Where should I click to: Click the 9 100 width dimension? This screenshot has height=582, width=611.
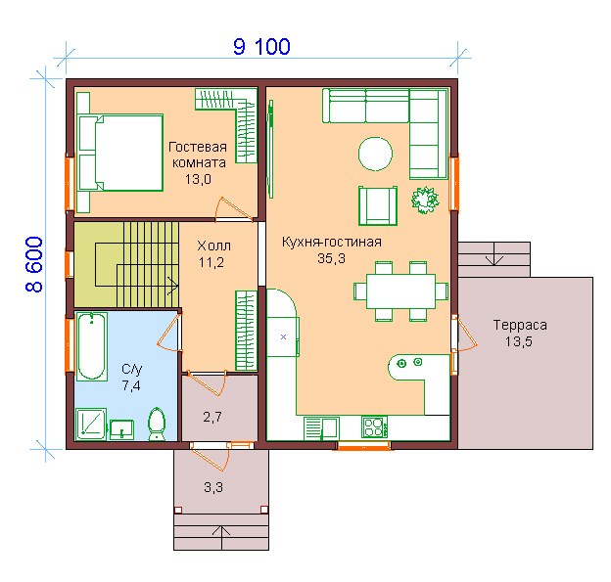pyautogui.click(x=261, y=47)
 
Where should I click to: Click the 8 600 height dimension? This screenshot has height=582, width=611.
pyautogui.click(x=34, y=264)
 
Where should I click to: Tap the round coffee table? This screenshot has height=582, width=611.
pyautogui.click(x=375, y=154)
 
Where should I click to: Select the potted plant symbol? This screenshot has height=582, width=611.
pyautogui.click(x=425, y=200)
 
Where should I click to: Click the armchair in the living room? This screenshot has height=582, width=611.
pyautogui.click(x=378, y=205)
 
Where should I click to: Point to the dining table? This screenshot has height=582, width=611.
pyautogui.click(x=400, y=291)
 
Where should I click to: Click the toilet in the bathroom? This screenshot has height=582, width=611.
pyautogui.click(x=157, y=424)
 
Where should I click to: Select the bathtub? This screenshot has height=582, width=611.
pyautogui.click(x=92, y=346)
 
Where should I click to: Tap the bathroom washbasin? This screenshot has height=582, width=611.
pyautogui.click(x=121, y=429)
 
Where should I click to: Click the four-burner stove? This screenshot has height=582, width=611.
pyautogui.click(x=374, y=426)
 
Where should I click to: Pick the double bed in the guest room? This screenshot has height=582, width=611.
pyautogui.click(x=120, y=153)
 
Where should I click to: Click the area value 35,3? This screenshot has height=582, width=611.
pyautogui.click(x=331, y=258)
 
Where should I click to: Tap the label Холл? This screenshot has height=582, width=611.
pyautogui.click(x=213, y=246)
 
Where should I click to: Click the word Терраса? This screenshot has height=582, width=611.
pyautogui.click(x=520, y=325)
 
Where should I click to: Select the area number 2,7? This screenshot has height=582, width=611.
pyautogui.click(x=212, y=418)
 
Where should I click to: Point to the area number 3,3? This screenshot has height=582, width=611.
pyautogui.click(x=213, y=487)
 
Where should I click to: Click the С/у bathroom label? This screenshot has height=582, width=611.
pyautogui.click(x=132, y=369)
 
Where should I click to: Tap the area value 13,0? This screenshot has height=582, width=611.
pyautogui.click(x=198, y=179)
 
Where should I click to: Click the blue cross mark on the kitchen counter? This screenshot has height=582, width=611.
pyautogui.click(x=283, y=337)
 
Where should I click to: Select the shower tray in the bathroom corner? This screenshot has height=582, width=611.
pyautogui.click(x=91, y=424)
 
